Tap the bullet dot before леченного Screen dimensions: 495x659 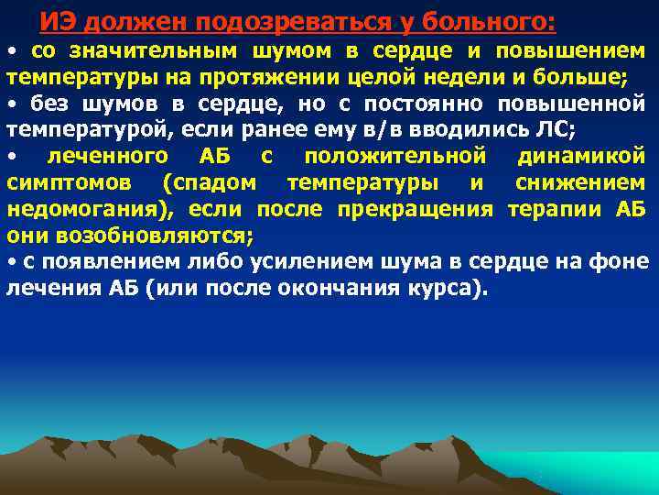point(10,157)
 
